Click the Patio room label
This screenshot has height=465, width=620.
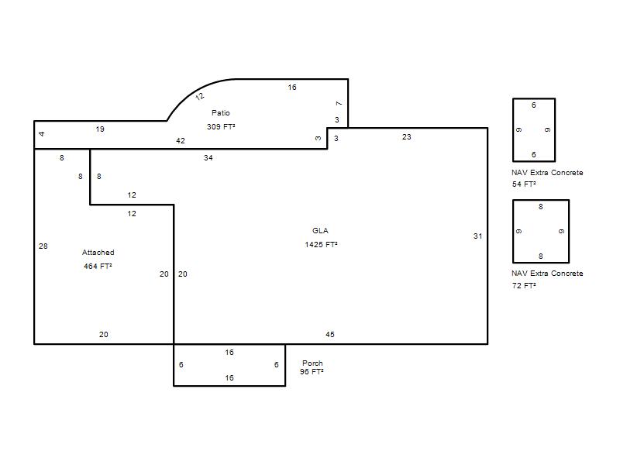221,113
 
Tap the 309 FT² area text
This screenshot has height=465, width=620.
221,127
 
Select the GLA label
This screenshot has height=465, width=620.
320,231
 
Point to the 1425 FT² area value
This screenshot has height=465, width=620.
321,245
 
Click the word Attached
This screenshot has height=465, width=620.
98,253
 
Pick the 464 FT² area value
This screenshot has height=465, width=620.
98,267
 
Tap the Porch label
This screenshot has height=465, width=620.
312,363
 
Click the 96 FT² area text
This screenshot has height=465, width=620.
312,372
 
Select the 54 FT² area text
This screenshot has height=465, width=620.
524,184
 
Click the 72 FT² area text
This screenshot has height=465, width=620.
524,285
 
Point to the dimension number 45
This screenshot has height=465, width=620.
330,335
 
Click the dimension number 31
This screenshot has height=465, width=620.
477,236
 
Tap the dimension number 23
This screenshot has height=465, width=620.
406,137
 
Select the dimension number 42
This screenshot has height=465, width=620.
181,141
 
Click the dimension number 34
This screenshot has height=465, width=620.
208,158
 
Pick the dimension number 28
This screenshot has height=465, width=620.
43,246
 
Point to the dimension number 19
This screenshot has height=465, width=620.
100,129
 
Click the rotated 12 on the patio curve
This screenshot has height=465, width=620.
200,96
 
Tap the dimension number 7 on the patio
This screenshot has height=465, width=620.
339,104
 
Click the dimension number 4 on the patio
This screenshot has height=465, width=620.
42,134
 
